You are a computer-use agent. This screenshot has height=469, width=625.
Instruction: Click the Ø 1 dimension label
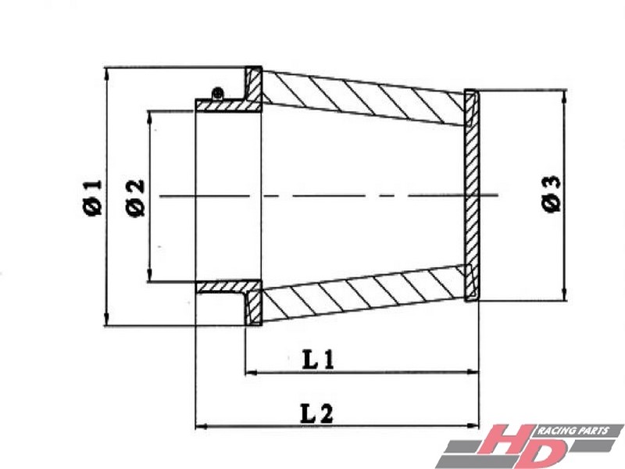93,198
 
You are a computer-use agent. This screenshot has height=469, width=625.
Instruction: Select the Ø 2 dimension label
134,199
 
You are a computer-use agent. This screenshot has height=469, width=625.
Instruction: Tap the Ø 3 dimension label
552,194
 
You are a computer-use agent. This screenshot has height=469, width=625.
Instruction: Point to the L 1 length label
318,360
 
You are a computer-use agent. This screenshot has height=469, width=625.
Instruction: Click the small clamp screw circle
218,94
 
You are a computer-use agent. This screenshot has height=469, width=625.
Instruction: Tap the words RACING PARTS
573,431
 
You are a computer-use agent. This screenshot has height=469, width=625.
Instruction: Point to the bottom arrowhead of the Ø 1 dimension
106,319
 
